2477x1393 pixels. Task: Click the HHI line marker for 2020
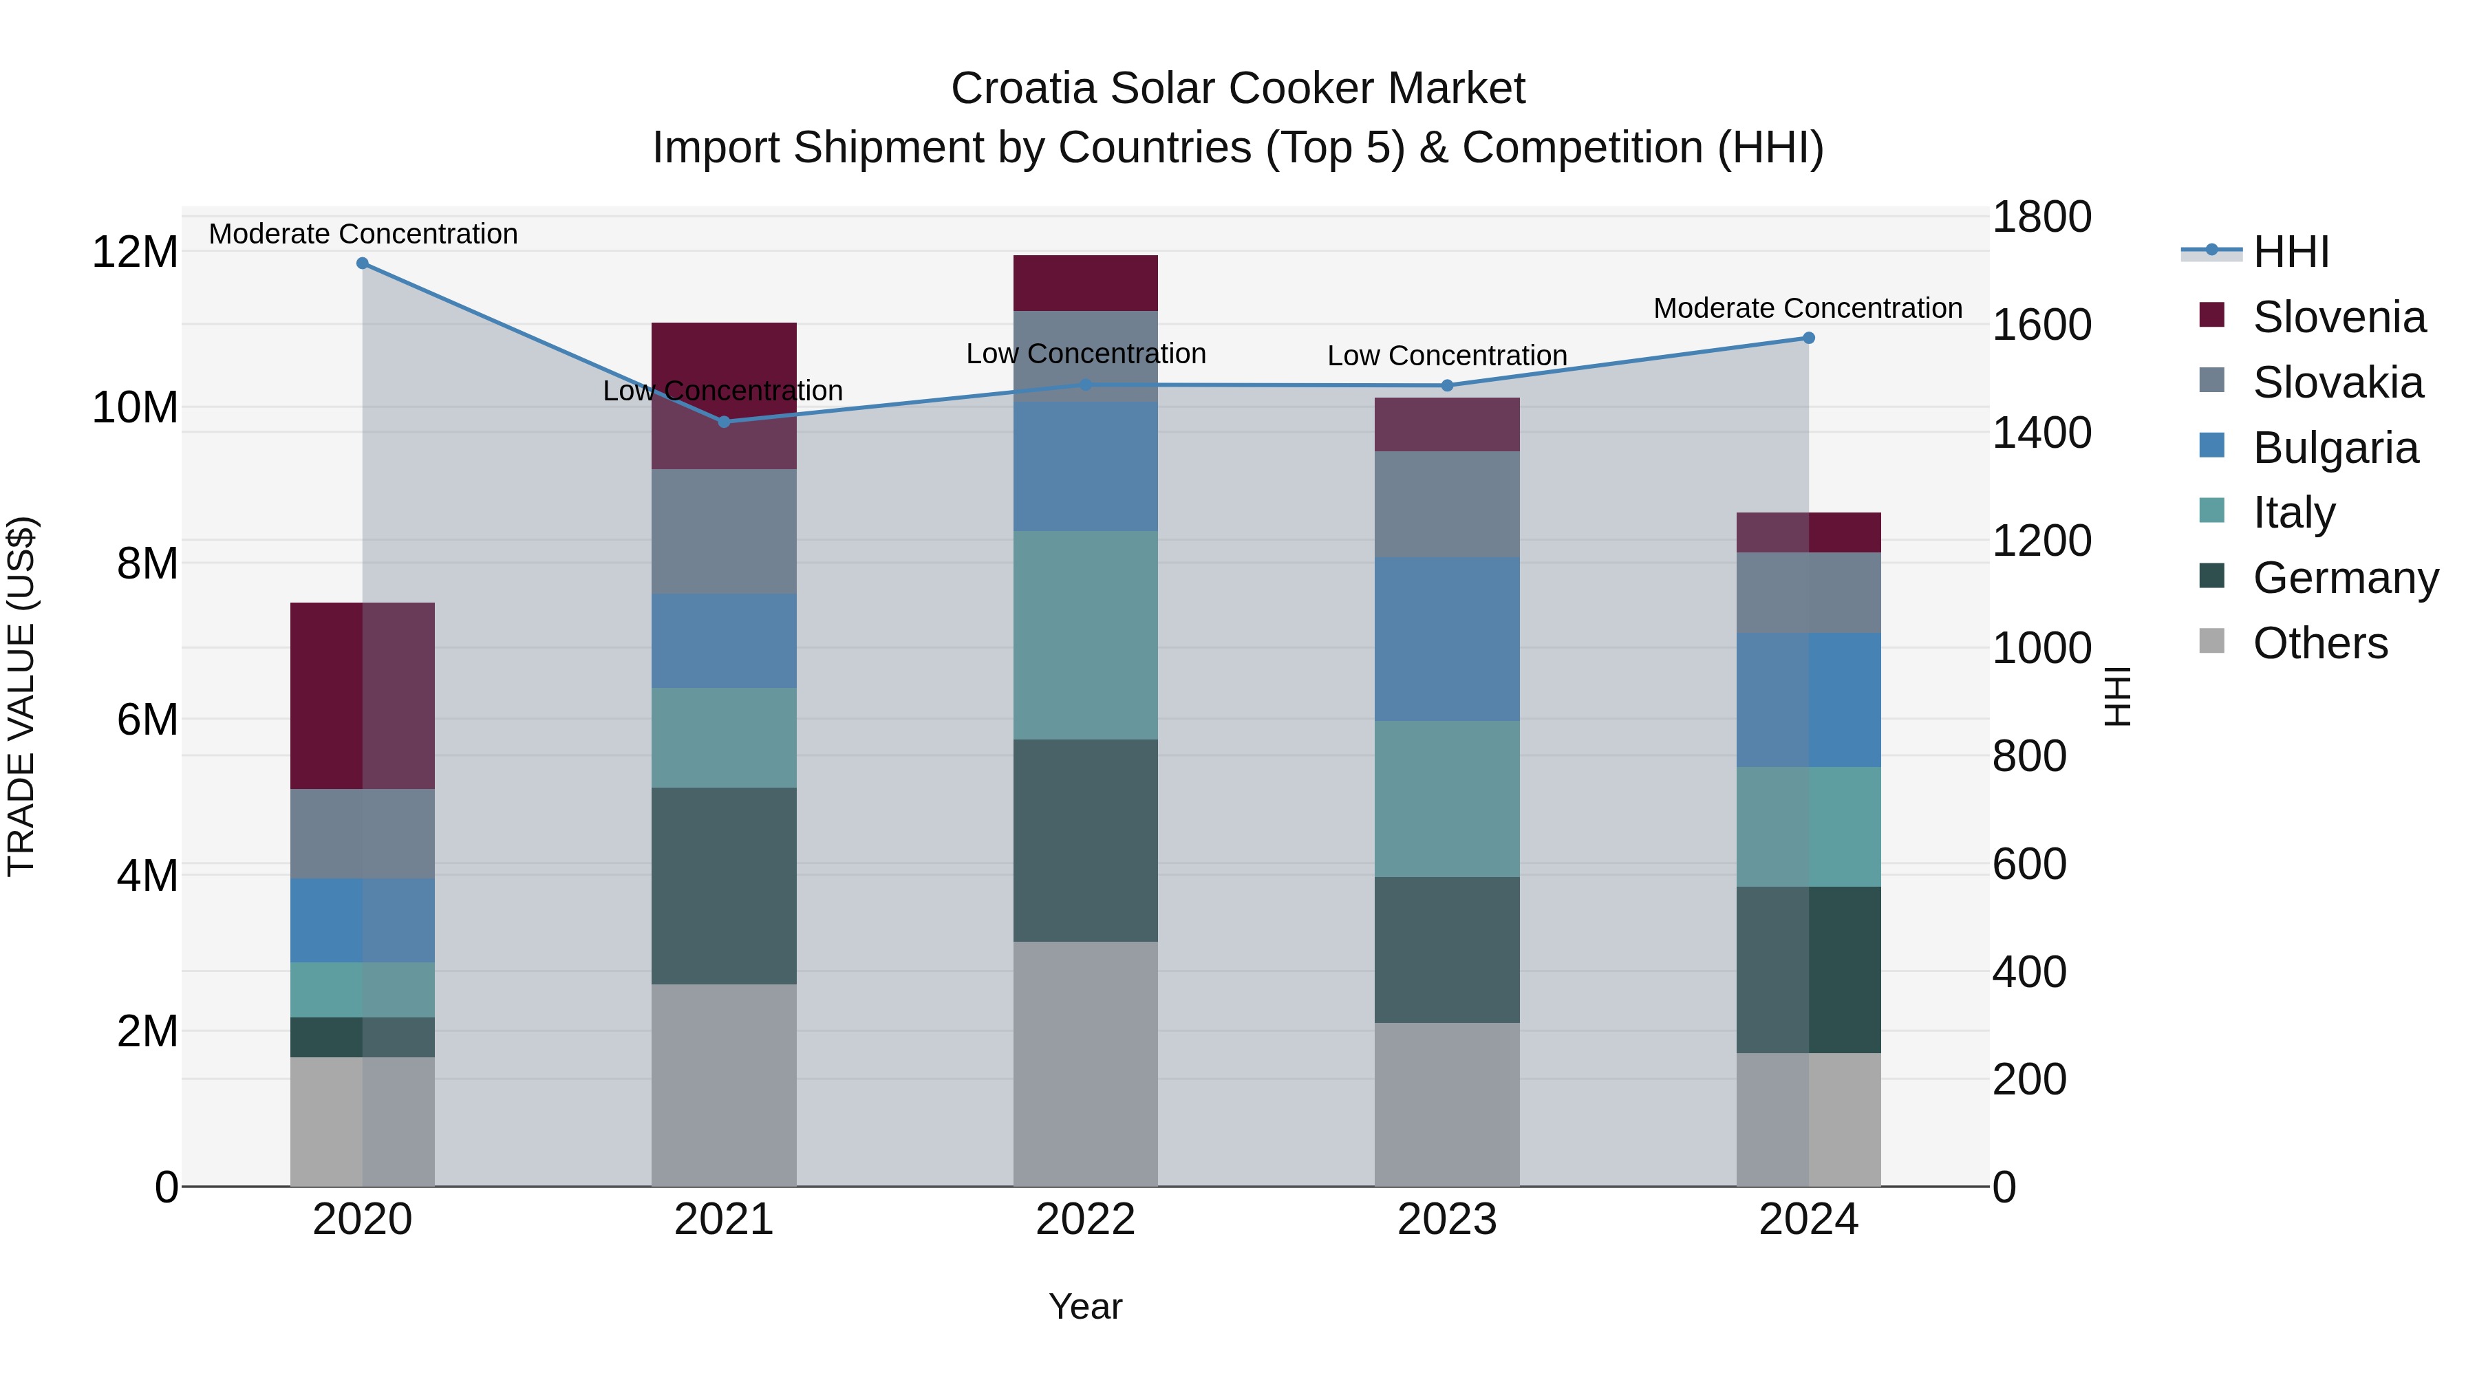(363, 263)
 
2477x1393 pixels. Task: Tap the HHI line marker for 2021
(724, 422)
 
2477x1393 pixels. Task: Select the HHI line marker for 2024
(1809, 338)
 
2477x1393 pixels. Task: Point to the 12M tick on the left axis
(135, 253)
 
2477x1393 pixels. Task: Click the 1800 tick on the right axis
(2041, 217)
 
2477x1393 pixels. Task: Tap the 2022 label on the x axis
(1086, 1220)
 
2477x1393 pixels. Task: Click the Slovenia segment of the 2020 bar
(363, 696)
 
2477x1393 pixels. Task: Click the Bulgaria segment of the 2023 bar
(1447, 639)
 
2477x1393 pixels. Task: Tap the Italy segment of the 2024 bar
(1809, 827)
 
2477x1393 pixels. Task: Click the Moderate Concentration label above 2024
(1808, 309)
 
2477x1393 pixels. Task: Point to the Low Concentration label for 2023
(1447, 356)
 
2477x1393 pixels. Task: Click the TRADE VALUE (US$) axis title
(22, 696)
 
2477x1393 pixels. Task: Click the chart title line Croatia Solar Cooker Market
(1238, 89)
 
